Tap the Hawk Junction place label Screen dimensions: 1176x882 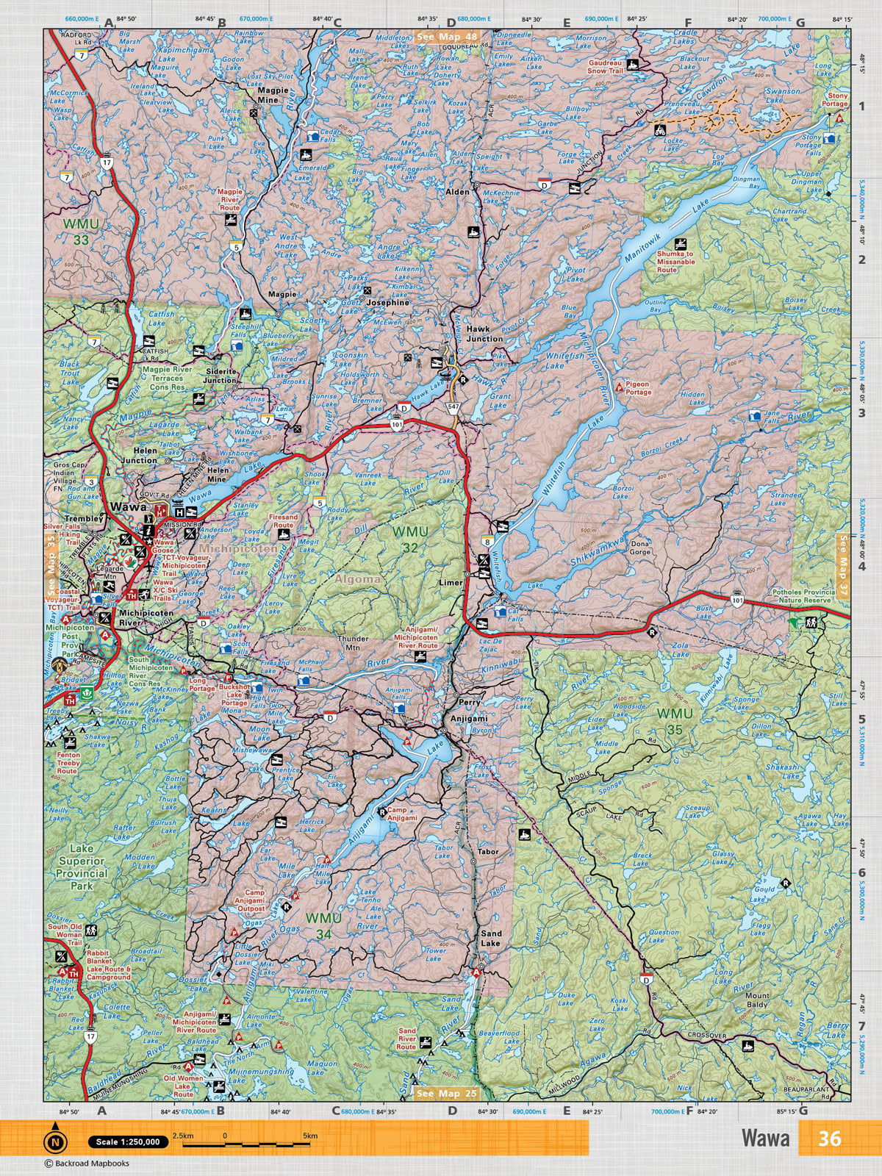point(484,334)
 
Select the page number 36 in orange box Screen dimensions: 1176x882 point(829,1138)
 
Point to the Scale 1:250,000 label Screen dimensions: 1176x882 point(126,1141)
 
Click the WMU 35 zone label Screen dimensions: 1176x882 point(674,721)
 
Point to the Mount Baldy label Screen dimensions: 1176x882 point(757,1000)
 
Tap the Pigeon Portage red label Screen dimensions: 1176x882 point(638,388)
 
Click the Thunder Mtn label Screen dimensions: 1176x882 point(352,644)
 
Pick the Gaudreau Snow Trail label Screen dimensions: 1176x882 point(605,68)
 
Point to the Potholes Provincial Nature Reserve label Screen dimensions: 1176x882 point(803,596)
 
